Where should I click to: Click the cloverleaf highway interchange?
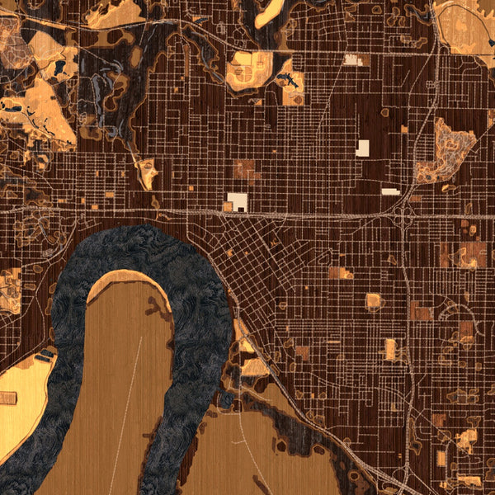(404, 212)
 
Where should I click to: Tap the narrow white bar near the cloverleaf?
(390, 191)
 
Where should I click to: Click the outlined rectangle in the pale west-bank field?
(9, 398)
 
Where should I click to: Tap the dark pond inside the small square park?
(289, 80)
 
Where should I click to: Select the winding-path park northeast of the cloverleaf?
(445, 148)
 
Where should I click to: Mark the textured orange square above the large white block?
(244, 170)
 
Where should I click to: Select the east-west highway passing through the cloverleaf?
(313, 214)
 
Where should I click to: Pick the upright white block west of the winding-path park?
(363, 148)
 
